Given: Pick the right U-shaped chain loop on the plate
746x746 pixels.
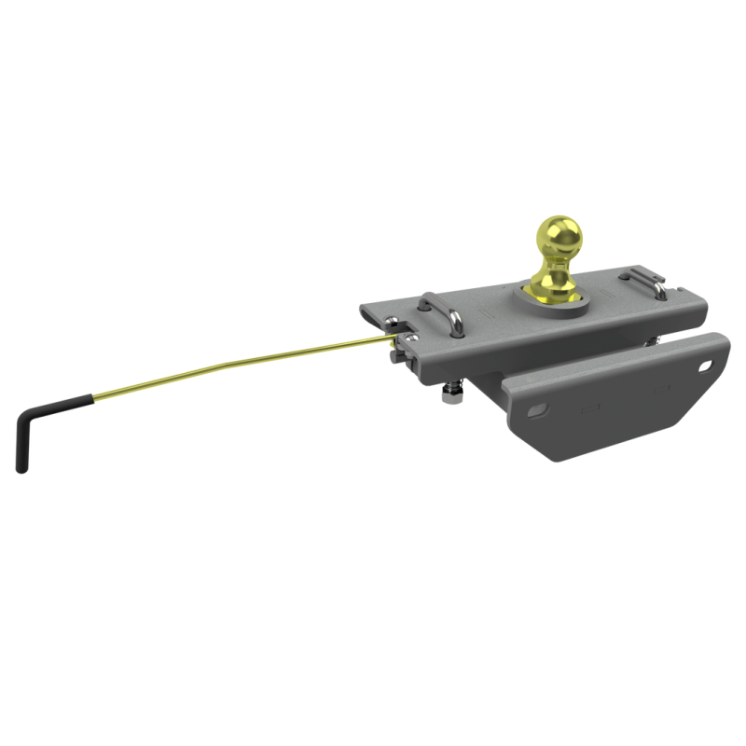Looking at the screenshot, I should (643, 280).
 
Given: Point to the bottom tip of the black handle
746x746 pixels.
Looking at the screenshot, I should (21, 466).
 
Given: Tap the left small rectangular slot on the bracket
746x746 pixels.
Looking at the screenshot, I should (589, 408).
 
